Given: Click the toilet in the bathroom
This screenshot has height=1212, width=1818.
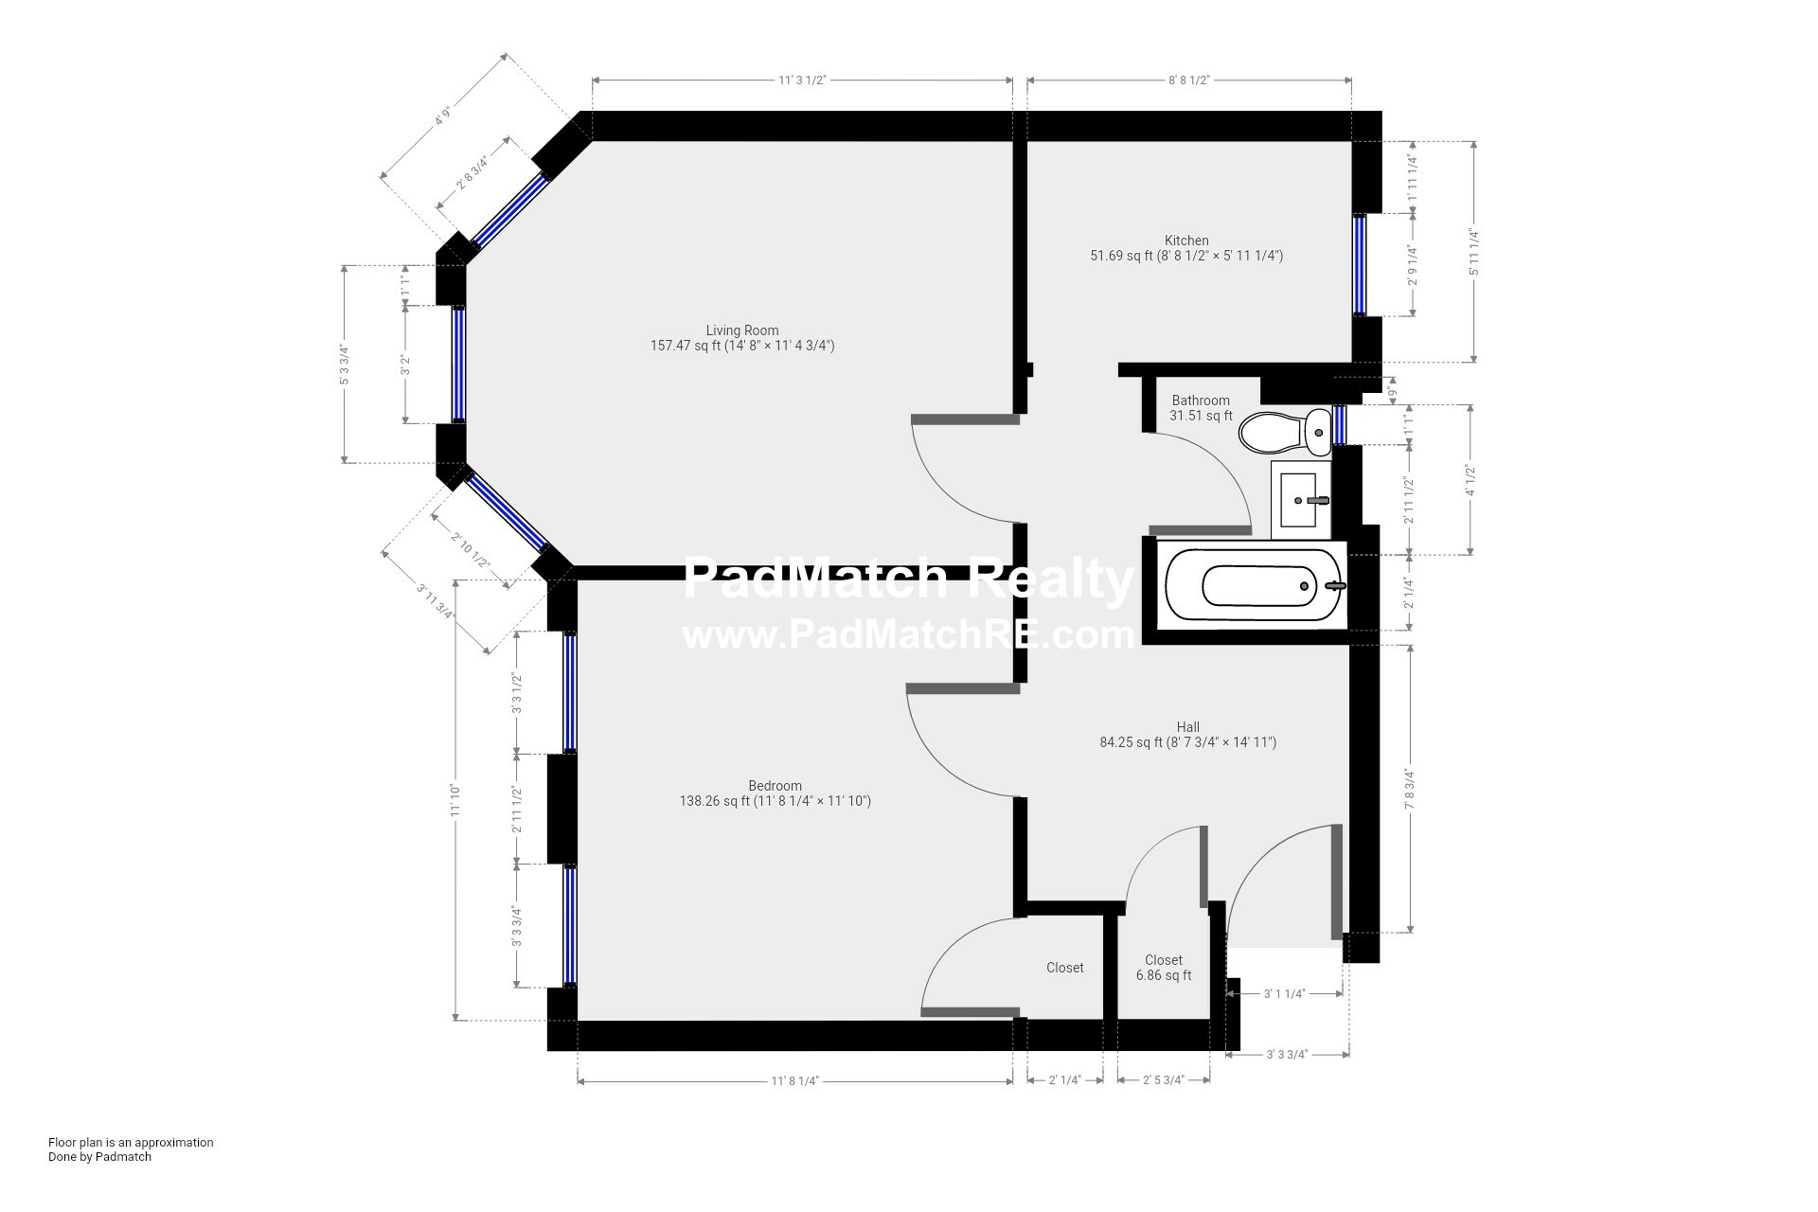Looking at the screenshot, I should coord(1283,433).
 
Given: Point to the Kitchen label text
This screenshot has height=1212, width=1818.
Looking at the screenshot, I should coord(1186,241).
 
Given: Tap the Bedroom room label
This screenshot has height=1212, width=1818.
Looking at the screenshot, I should coord(775,786).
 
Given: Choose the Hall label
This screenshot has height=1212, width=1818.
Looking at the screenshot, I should coord(1187,727).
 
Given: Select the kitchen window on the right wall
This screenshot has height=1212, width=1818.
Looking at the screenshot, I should coord(1360,264).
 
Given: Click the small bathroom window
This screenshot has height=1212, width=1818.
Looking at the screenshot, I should coord(1340,423).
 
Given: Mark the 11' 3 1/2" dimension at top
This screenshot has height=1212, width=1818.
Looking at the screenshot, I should coord(802,80).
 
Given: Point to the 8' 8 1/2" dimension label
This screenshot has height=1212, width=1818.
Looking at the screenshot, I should coord(1188,80).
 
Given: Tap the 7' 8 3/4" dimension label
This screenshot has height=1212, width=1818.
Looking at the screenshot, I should coord(1410,789).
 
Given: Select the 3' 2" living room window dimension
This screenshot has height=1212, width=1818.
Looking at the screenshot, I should coord(405,365).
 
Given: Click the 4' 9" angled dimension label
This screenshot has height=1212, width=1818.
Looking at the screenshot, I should coord(440,118).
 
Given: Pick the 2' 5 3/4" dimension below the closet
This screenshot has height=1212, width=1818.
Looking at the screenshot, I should coord(1163,1079).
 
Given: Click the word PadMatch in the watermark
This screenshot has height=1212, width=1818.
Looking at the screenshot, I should coord(814,579).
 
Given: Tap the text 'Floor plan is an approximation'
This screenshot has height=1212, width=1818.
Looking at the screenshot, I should coord(131,1142).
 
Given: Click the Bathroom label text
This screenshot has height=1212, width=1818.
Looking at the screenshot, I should coord(1201,401).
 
